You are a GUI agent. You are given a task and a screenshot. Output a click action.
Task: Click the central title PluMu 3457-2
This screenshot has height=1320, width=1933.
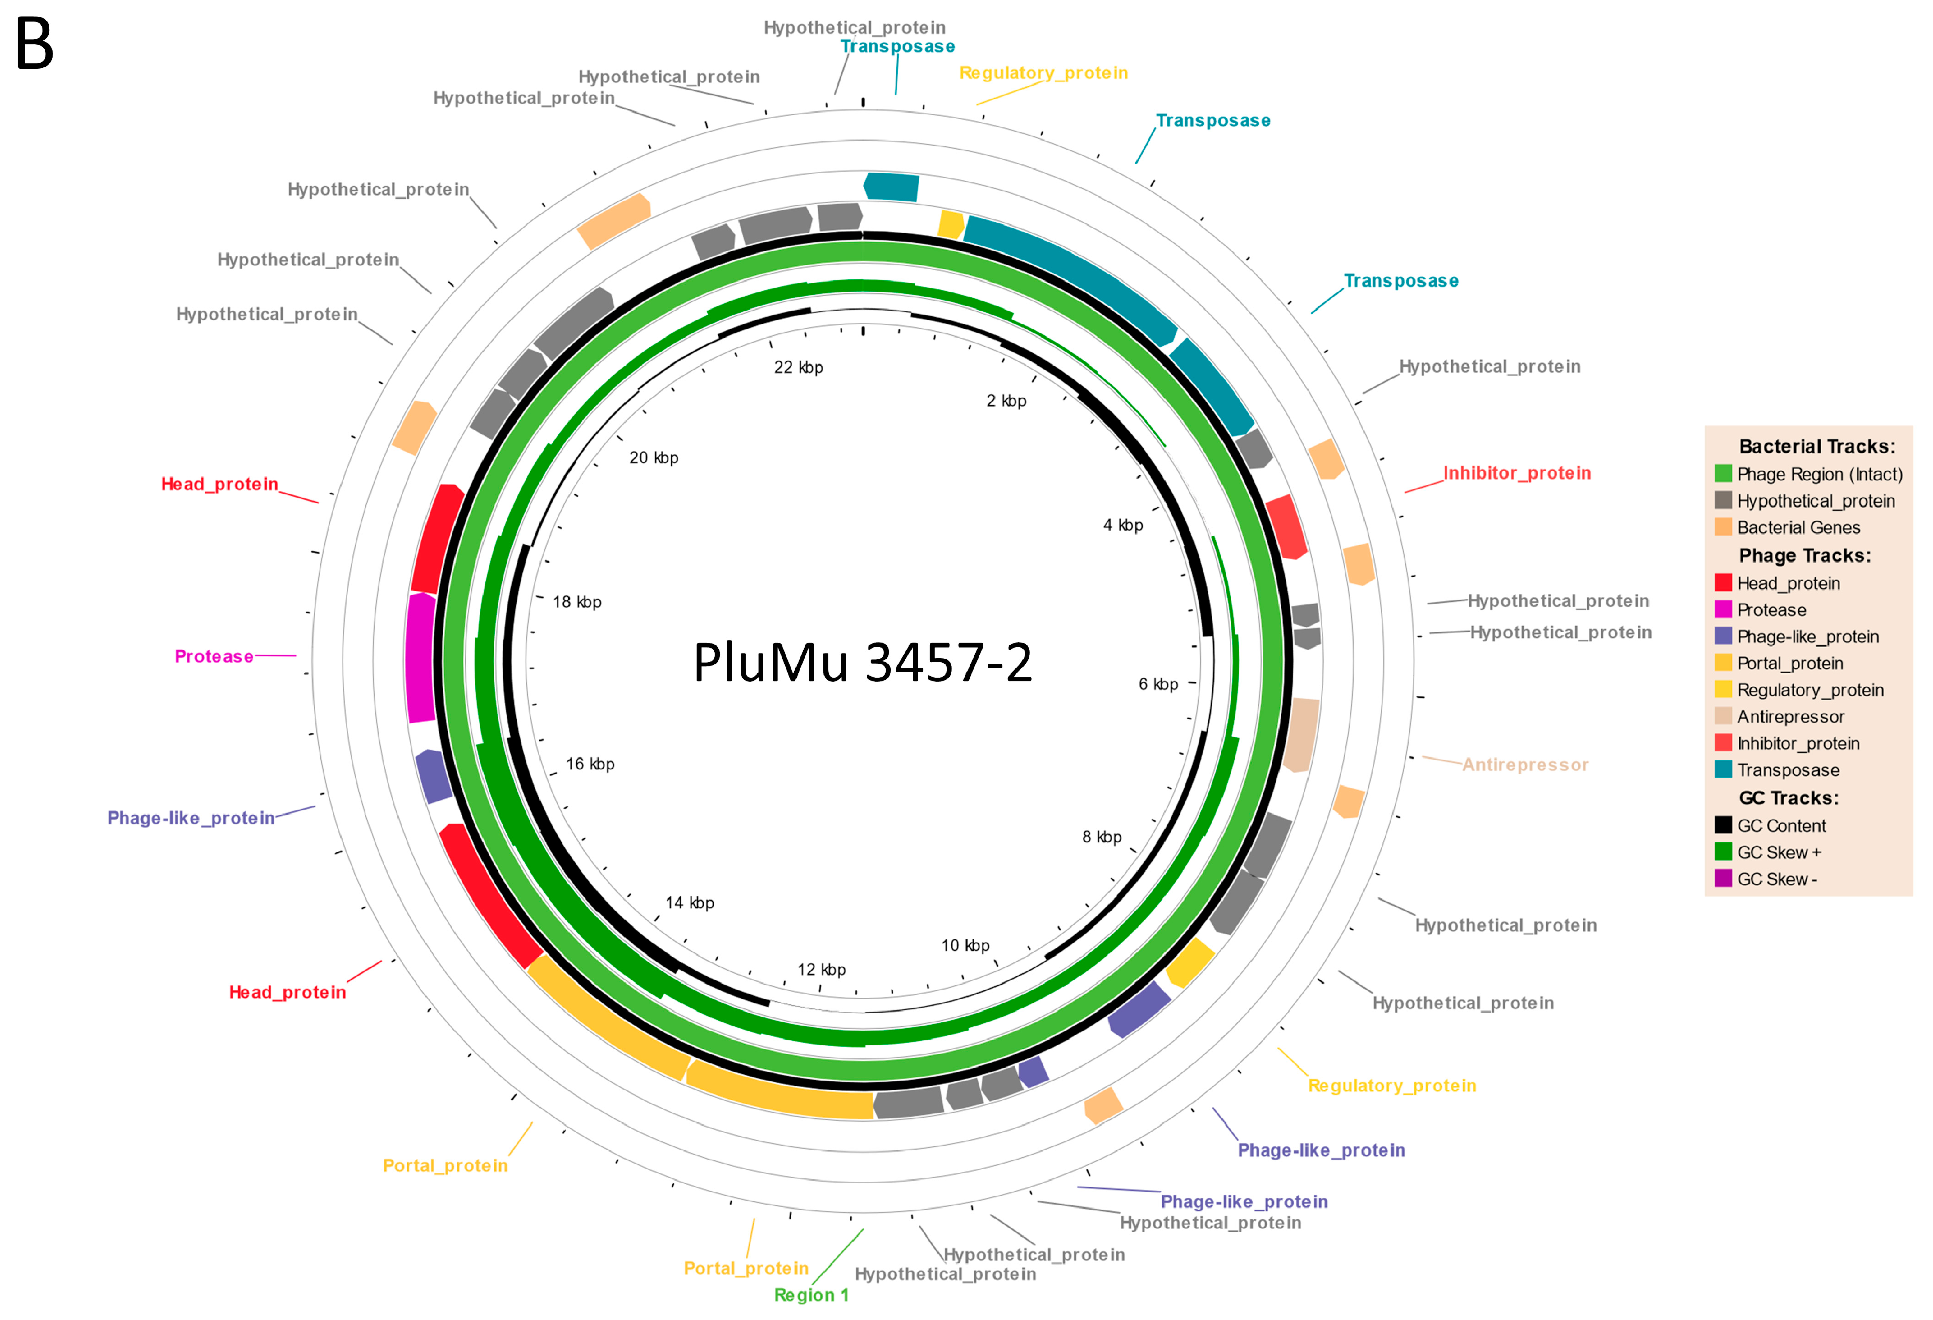[x=863, y=663]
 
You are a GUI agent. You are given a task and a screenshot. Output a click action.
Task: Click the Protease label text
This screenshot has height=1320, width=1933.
[x=214, y=657]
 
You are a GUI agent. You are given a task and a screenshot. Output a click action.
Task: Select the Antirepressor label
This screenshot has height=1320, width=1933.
[x=1525, y=765]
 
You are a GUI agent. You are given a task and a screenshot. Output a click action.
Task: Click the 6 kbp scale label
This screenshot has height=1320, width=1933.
[x=1158, y=685]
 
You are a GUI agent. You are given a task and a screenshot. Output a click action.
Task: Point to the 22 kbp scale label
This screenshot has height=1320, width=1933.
[x=799, y=368]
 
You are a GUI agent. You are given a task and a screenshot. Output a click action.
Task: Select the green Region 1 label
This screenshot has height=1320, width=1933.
[x=811, y=1295]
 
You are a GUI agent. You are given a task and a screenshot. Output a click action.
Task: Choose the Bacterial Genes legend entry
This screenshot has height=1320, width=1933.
[x=1798, y=527]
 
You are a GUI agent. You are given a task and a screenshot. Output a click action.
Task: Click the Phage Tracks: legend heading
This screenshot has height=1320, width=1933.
[x=1804, y=555]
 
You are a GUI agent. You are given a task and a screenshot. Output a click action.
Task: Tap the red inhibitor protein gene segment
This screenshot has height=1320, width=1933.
[x=1286, y=527]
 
